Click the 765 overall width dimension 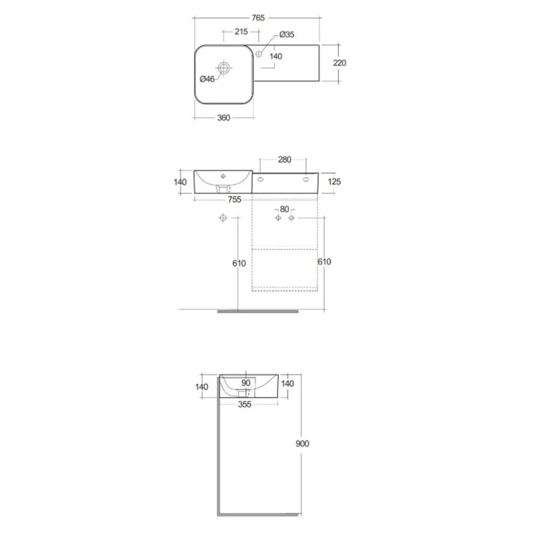258,18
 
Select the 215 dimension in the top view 241,32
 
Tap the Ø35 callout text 287,34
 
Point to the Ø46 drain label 207,79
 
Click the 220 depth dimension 339,63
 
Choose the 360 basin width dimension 224,118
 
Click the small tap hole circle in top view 258,54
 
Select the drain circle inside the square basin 224,68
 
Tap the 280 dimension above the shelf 284,160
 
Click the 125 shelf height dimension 334,181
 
